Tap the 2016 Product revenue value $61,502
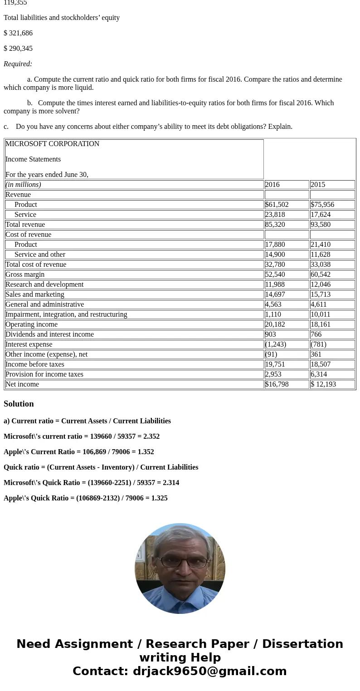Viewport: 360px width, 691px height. [277, 205]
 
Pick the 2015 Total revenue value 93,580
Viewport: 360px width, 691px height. [321, 225]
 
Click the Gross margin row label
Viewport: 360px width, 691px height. [25, 274]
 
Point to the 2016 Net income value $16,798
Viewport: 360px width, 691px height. [277, 384]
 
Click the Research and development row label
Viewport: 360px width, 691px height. [44, 284]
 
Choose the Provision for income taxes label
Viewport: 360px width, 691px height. [44, 374]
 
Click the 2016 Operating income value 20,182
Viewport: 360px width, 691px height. [275, 324]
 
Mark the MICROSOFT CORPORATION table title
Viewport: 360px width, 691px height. [52, 144]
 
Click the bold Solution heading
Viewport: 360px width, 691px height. [19, 404]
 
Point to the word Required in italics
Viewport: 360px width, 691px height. [18, 64]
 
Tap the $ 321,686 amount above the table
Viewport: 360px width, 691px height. [18, 33]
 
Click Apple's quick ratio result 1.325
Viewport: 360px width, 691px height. [159, 498]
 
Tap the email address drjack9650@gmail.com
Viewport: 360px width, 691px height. [209, 671]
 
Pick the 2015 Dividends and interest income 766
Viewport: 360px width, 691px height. [316, 334]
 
